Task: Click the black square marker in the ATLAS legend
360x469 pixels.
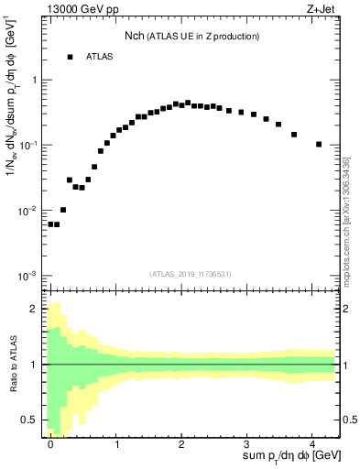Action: coord(70,57)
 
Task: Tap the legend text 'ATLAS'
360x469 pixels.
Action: coord(100,57)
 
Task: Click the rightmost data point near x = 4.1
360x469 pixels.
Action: coord(318,144)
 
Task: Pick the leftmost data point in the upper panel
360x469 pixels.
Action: coord(50,224)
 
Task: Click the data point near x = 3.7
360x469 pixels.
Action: coord(294,135)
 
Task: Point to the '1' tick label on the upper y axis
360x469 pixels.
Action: coord(35,80)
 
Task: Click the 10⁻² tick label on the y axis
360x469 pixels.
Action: coord(30,211)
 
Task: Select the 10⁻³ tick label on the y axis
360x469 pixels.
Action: coord(30,276)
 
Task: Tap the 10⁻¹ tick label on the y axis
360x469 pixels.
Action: coord(30,146)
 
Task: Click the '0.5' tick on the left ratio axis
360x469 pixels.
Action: coord(32,420)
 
